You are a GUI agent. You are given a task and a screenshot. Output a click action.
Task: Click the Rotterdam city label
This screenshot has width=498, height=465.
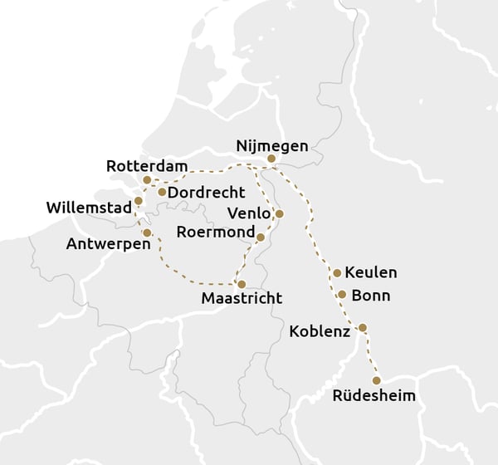coord(148,166)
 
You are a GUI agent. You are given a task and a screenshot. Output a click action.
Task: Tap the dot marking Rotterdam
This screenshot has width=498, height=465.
coord(147,179)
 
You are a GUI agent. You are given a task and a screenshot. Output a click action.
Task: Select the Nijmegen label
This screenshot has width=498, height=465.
coord(271,145)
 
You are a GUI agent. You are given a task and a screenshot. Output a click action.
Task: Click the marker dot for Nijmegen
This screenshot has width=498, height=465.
coord(271,159)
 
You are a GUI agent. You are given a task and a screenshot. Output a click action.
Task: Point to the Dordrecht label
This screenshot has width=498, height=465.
coord(207,193)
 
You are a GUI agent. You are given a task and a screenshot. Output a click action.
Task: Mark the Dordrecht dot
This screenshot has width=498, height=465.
coord(162,192)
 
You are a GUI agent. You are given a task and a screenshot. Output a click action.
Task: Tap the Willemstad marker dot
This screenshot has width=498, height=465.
coord(139,201)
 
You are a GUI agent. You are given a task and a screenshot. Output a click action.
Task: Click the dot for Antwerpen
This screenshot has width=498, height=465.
coord(147,232)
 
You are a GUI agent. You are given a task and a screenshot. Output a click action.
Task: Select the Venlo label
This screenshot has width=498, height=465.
coord(249,213)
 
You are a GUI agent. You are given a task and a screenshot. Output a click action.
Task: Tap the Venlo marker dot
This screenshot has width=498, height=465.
coord(279,213)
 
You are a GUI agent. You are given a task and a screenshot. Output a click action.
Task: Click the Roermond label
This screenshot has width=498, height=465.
coord(214,232)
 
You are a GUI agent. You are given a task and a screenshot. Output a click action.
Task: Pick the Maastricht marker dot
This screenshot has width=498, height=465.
coord(242,284)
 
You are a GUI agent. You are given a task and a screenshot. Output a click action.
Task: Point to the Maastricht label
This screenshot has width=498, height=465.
coord(242,298)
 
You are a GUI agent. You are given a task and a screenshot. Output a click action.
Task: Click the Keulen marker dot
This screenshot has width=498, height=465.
coord(337,272)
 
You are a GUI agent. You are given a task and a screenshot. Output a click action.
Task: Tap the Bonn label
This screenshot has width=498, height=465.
coord(370,295)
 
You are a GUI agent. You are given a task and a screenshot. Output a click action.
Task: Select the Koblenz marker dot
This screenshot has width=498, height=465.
coord(362,327)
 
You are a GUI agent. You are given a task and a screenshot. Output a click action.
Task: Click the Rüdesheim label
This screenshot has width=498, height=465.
coord(373,395)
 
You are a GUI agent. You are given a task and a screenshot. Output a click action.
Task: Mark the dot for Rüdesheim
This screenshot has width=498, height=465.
coord(376,380)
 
